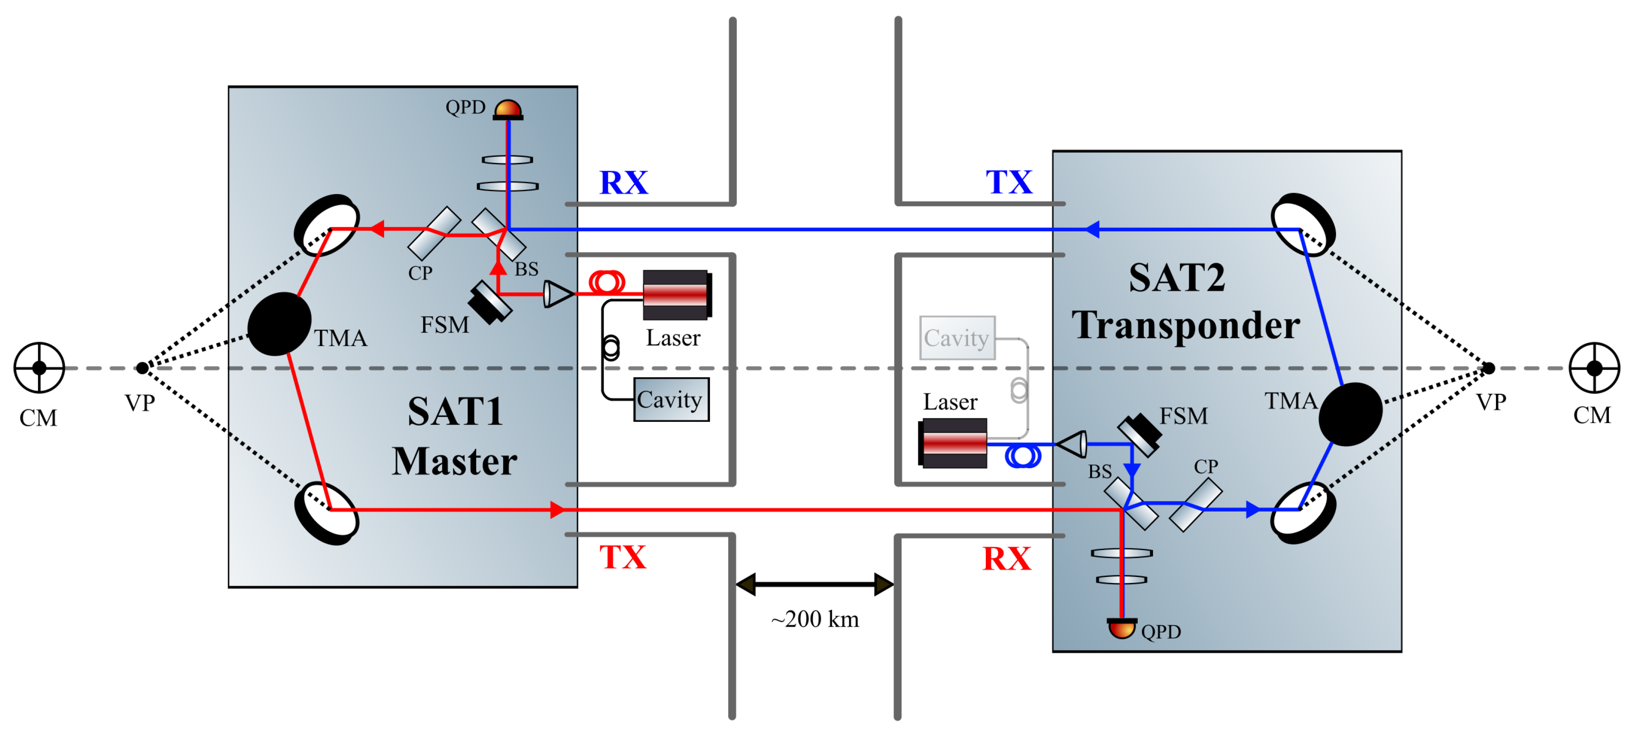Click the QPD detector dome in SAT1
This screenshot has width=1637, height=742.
(508, 109)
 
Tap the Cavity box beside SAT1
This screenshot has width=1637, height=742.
(671, 399)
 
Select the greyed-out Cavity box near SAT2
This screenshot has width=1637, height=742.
(957, 337)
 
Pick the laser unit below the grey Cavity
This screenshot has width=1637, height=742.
(953, 443)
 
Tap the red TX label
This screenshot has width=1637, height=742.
(623, 557)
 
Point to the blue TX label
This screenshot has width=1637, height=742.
(1008, 182)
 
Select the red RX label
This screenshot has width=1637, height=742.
(1007, 558)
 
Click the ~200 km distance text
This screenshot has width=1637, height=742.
(815, 619)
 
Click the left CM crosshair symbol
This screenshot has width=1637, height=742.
(39, 367)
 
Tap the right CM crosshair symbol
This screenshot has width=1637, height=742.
(1594, 367)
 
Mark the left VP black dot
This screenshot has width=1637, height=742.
(142, 367)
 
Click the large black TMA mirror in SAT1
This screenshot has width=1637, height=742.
(279, 323)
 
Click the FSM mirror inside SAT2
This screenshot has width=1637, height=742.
(1140, 434)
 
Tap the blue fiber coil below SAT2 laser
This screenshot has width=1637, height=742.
(1023, 456)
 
